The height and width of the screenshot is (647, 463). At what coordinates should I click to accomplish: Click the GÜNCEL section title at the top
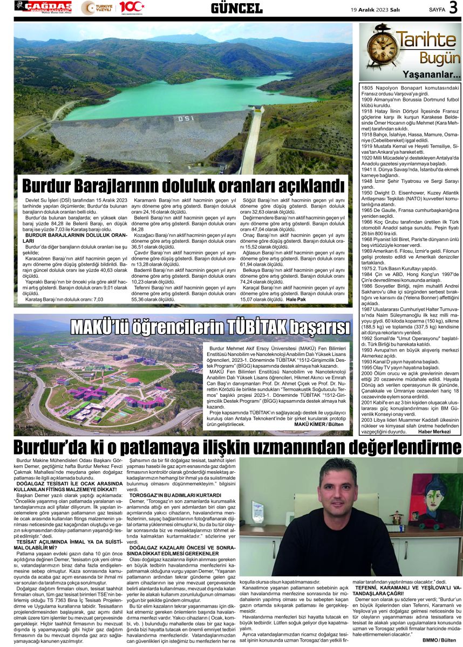pos(236,8)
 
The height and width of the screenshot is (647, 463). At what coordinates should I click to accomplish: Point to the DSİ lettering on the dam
pos(186,118)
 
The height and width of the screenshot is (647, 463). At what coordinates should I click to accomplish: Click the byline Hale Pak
pos(296,299)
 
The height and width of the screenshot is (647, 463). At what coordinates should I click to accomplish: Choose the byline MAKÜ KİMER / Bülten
pos(319,425)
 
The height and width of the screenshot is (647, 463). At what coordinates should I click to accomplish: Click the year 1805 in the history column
pos(367,87)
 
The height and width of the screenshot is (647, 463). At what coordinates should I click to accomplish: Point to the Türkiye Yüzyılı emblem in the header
pos(98,8)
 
